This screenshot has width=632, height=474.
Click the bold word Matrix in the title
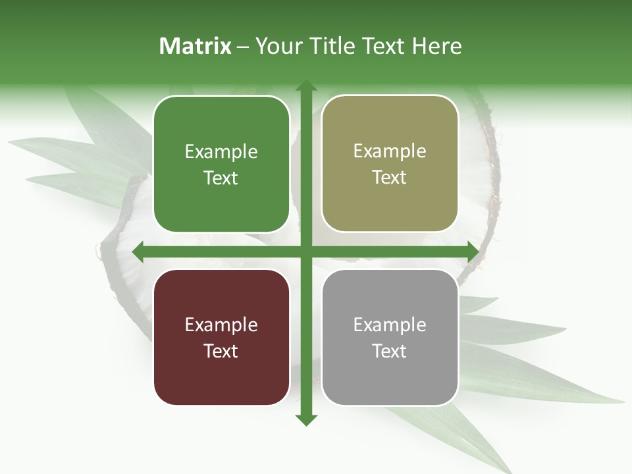coord(196,46)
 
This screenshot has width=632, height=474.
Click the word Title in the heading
coord(329,46)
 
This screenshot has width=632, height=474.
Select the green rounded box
coord(221,164)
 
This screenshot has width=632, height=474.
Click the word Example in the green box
coord(221,152)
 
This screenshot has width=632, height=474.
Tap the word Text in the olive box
coord(390,178)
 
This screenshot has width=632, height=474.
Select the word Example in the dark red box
coord(221,325)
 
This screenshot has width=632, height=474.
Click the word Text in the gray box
coord(390,351)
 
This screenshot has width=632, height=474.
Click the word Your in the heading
coord(277,46)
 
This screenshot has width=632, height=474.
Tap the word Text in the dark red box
coord(221,351)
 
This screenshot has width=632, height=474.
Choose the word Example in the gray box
coord(390,325)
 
